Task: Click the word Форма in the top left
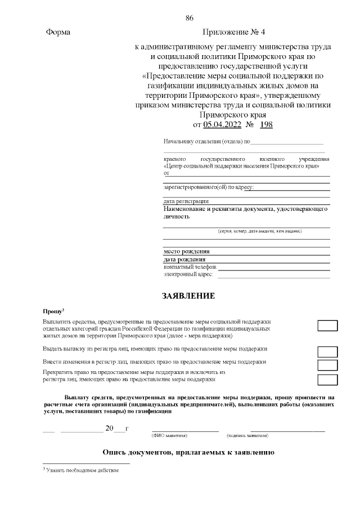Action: [58, 33]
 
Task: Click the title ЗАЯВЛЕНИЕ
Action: [188, 295]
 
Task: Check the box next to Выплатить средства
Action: [327, 326]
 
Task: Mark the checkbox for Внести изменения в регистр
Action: [327, 365]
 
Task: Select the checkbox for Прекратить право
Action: [327, 379]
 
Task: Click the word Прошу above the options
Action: [53, 311]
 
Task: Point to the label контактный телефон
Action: [190, 267]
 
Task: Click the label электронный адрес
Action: [188, 274]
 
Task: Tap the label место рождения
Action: [187, 251]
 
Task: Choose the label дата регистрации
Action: [186, 201]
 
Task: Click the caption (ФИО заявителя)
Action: [169, 436]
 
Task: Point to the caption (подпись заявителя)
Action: [247, 436]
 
